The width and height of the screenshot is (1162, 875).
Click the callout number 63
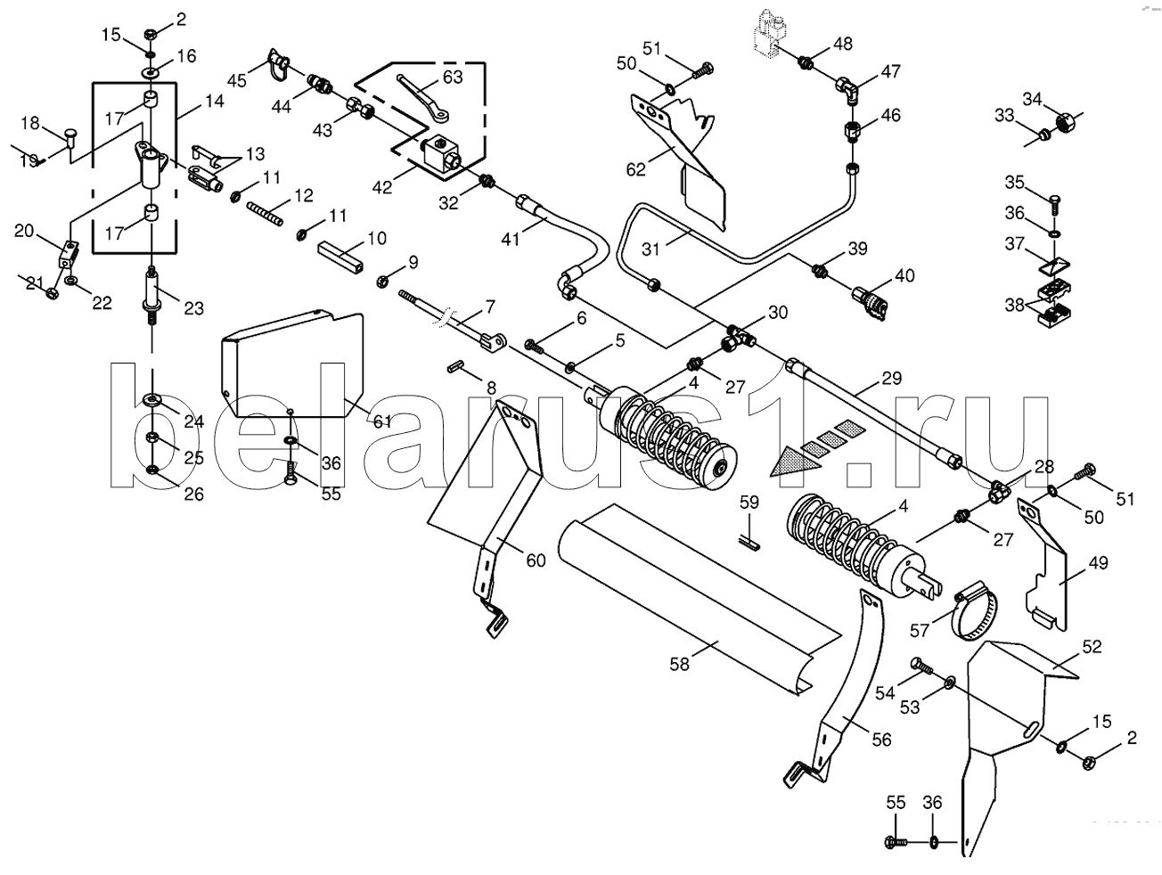click(452, 78)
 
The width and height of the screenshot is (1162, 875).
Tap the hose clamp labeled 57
click(975, 616)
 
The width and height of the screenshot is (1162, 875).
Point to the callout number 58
click(679, 665)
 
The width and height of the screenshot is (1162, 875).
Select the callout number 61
click(382, 421)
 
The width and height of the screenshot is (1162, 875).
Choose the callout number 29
click(891, 379)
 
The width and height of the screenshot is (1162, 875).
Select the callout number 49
click(1099, 562)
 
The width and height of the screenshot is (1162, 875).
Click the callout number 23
click(193, 307)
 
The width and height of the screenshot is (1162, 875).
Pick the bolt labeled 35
click(1054, 204)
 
